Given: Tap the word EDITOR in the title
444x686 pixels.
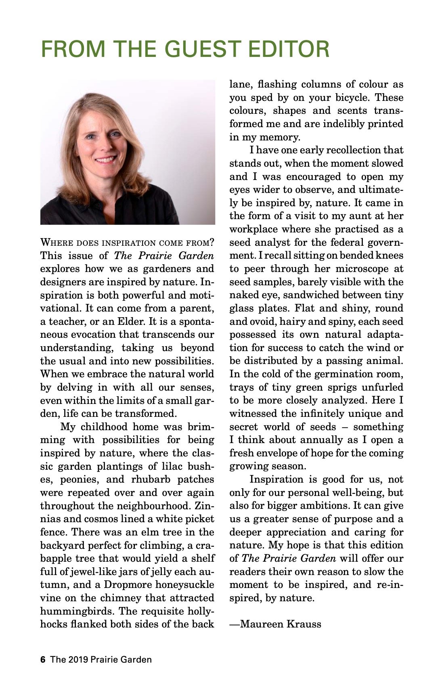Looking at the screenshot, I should tap(289, 49).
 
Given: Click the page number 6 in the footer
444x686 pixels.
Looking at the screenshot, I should tap(43, 659).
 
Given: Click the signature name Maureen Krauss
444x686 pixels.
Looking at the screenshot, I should tap(281, 624).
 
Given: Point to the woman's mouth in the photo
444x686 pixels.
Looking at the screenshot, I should tap(106, 159).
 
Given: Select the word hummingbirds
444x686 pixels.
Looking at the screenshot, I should tap(77, 611).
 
